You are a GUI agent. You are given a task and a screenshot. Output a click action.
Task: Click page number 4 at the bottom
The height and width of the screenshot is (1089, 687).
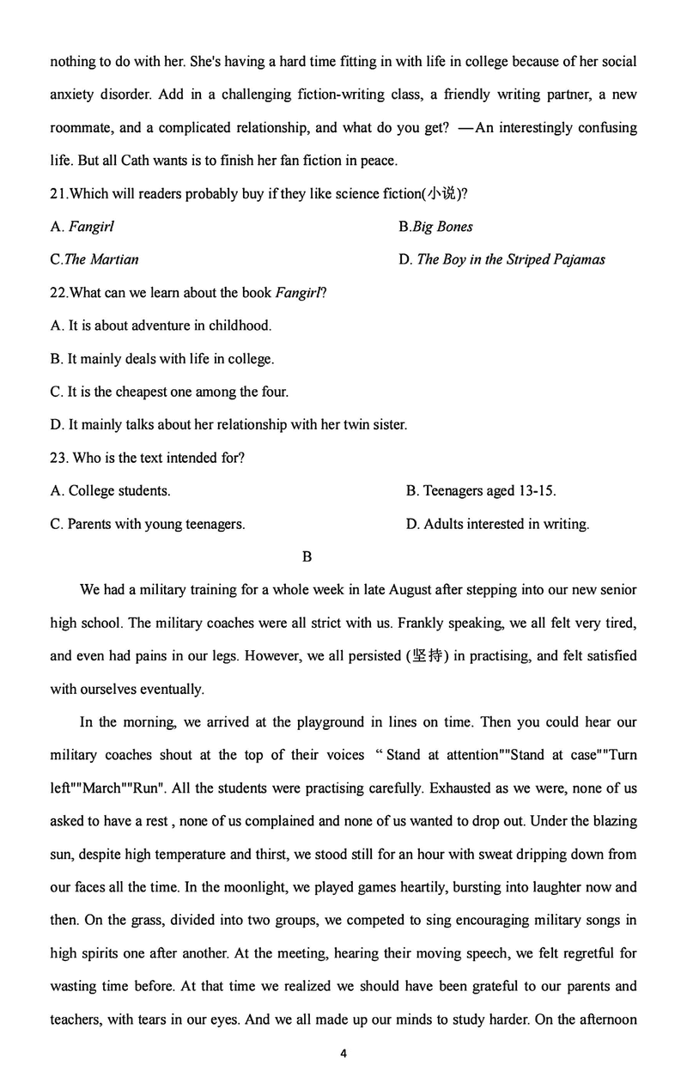coord(343,1053)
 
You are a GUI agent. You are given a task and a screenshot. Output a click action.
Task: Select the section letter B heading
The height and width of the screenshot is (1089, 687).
coord(307,557)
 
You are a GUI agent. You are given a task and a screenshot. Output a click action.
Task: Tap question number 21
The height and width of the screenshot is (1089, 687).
coord(58,193)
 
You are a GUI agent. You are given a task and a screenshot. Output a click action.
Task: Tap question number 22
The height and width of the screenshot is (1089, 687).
coord(58,293)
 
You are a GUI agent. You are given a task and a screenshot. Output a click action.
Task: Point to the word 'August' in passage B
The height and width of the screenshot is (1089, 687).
coord(412,590)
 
